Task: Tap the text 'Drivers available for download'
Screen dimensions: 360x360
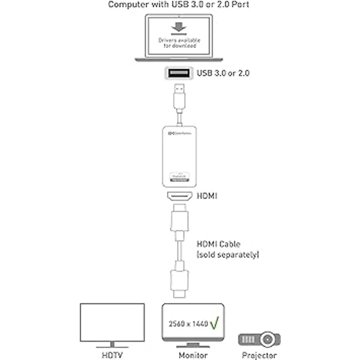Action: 179,43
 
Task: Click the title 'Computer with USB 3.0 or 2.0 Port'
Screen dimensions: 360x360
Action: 179,4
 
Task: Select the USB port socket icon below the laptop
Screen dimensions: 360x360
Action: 178,73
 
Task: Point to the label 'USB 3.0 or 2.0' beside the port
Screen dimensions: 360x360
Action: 223,73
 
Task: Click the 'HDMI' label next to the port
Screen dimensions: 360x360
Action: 207,196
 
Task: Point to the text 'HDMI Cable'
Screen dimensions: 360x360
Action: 218,244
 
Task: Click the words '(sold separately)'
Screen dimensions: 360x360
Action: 228,255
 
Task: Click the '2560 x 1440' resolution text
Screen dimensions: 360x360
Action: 188,324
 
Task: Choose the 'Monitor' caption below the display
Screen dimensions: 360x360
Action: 193,355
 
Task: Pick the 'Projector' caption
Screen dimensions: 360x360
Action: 259,355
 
